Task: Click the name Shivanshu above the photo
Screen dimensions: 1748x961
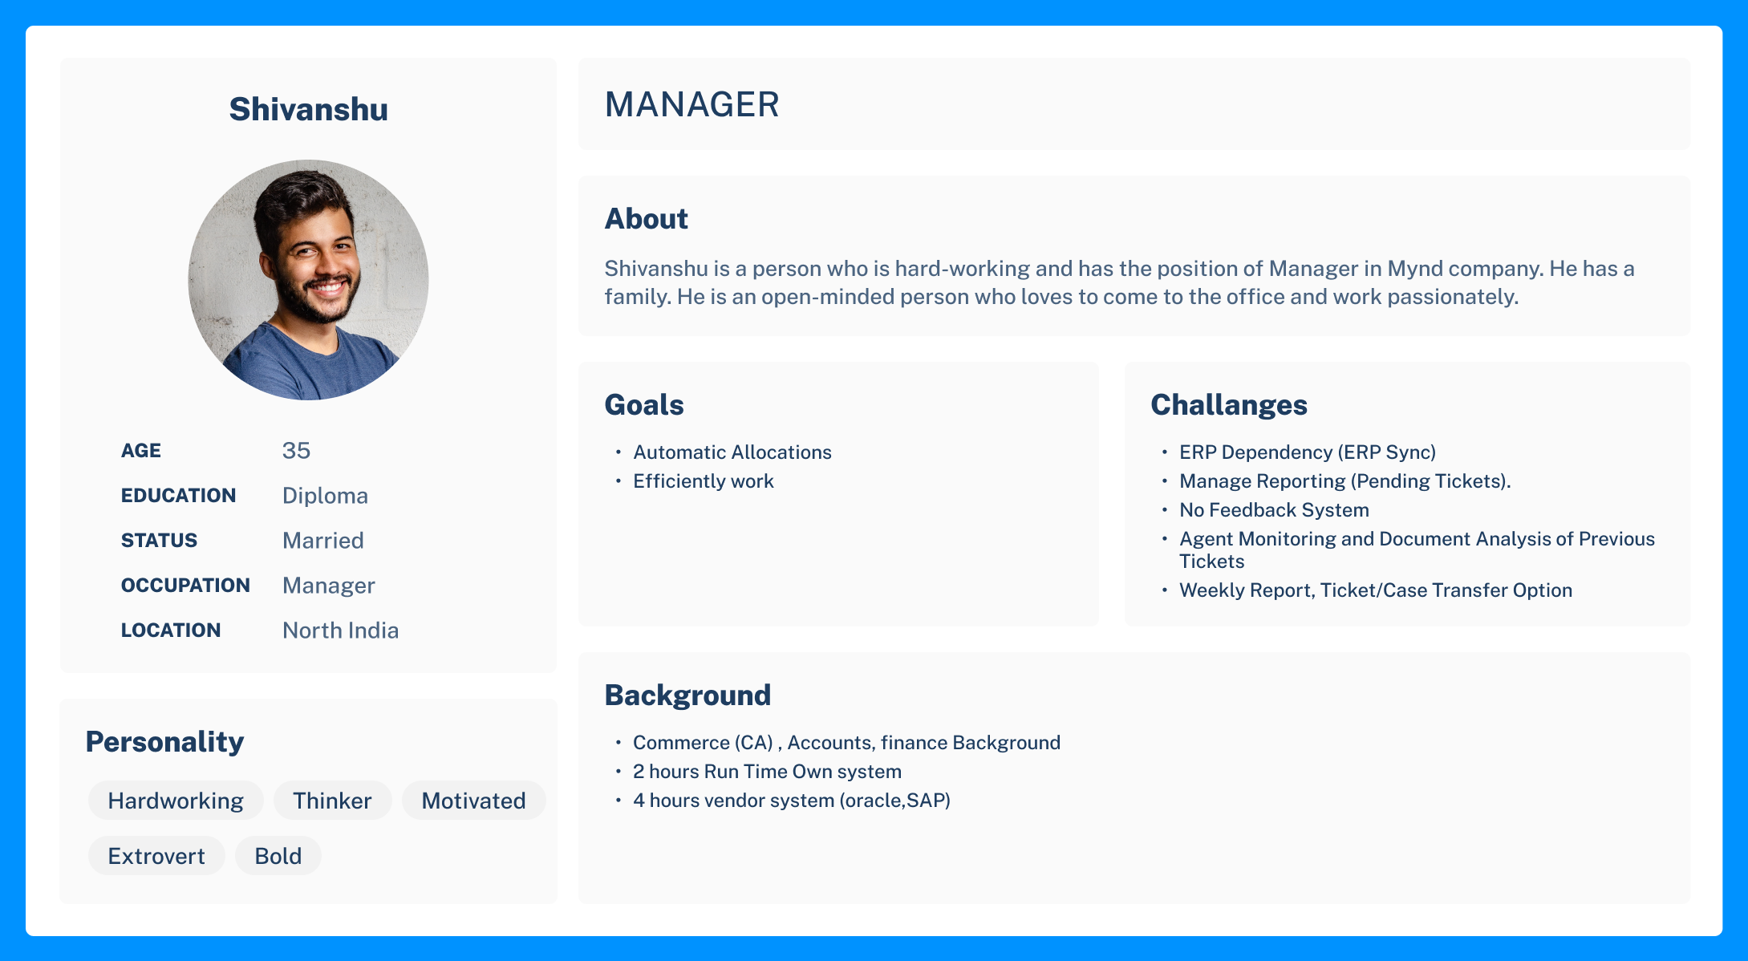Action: click(308, 109)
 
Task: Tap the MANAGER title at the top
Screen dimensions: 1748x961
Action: click(691, 104)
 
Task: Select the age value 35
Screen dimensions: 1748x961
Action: click(296, 451)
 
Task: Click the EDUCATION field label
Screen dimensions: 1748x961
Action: click(178, 496)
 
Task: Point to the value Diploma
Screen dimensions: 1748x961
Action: click(325, 496)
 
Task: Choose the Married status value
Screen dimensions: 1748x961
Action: click(322, 541)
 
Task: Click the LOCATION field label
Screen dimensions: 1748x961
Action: click(171, 631)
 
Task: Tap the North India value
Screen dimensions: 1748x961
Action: click(340, 631)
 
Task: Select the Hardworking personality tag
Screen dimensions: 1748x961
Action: click(176, 801)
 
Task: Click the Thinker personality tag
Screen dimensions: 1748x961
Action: click(332, 801)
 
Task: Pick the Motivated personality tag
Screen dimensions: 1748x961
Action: click(473, 801)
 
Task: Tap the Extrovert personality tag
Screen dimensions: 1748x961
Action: click(156, 856)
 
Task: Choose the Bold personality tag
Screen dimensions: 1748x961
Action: click(278, 856)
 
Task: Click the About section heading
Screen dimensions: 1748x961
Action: click(646, 219)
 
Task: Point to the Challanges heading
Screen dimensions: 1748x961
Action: click(1229, 405)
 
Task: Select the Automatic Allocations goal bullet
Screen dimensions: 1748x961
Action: click(732, 452)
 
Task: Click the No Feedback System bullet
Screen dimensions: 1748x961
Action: click(1274, 510)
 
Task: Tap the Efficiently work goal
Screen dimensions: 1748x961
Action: click(704, 481)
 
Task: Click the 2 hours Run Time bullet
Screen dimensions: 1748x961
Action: click(767, 772)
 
